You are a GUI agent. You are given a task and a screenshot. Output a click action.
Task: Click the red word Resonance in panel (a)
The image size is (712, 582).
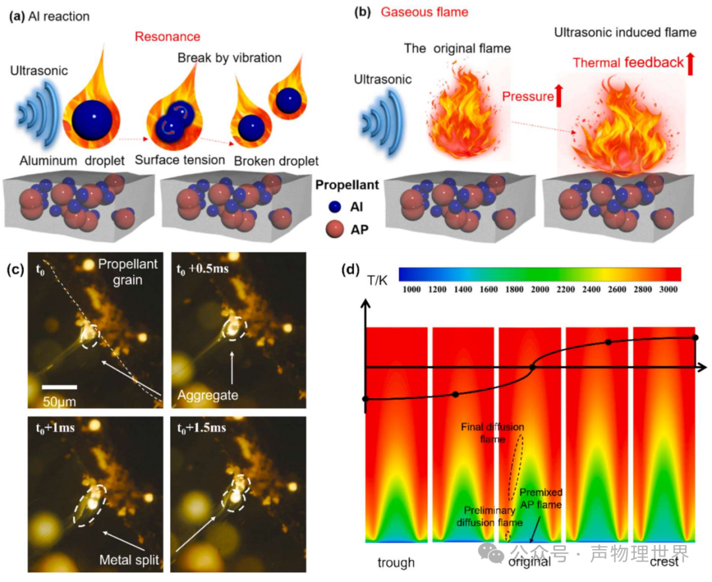pyautogui.click(x=167, y=37)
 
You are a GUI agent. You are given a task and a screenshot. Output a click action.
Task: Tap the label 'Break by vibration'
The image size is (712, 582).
pyautogui.click(x=229, y=58)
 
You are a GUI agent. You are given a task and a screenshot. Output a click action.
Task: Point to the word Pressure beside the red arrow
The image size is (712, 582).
pyautogui.click(x=528, y=98)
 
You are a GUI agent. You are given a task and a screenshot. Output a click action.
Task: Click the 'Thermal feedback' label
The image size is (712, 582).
pyautogui.click(x=628, y=63)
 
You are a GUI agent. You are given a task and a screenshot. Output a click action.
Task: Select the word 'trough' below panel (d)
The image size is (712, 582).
pyautogui.click(x=396, y=563)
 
